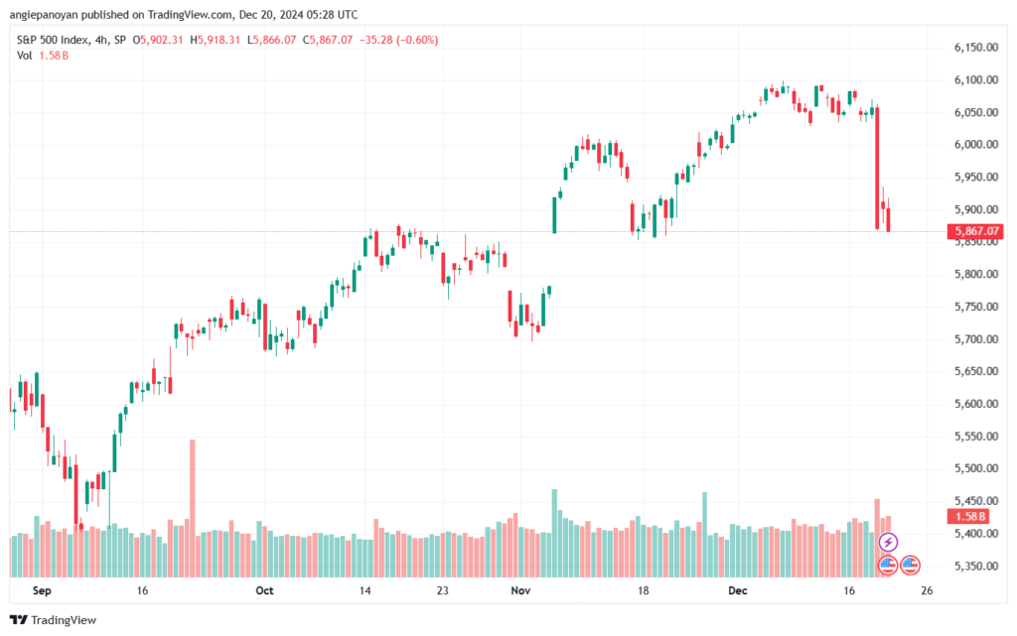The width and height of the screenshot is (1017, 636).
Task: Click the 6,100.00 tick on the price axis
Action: (x=975, y=79)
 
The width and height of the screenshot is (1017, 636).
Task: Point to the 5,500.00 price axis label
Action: (x=975, y=468)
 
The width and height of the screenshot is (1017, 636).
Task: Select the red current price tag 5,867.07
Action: (x=975, y=231)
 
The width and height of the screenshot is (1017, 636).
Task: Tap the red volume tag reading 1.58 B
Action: (x=968, y=516)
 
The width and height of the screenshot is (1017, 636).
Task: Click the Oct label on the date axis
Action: (x=264, y=590)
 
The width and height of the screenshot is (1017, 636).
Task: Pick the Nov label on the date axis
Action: (x=520, y=590)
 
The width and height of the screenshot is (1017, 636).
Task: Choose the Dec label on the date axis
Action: (x=738, y=590)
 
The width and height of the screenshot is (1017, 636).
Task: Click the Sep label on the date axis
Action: (x=42, y=590)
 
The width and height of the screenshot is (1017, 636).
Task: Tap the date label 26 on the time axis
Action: (x=927, y=590)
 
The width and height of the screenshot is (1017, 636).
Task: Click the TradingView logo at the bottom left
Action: (x=54, y=620)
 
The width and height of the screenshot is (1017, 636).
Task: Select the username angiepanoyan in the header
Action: (x=44, y=14)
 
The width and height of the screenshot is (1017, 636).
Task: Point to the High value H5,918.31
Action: (x=215, y=40)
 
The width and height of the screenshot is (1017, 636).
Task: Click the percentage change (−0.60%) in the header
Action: (x=418, y=40)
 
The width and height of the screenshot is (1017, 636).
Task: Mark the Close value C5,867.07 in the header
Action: (x=328, y=40)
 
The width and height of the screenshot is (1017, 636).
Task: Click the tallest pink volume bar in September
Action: (x=193, y=508)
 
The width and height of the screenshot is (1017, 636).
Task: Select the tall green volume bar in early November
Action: (x=554, y=533)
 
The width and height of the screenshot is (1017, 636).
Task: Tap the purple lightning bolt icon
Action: (x=888, y=542)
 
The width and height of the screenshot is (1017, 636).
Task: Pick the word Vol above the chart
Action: (x=24, y=56)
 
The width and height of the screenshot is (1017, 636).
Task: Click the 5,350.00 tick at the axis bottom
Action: (x=975, y=566)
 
